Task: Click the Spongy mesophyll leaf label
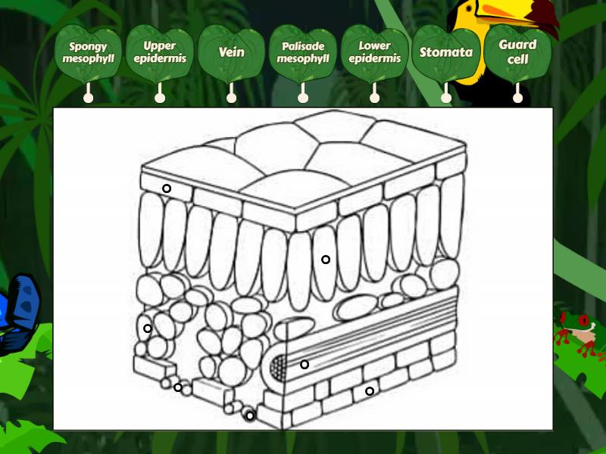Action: coord(88,53)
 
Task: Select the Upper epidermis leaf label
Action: coord(160,53)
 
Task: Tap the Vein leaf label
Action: coord(231,53)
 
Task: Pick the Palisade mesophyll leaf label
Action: coord(303,53)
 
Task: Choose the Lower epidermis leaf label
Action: coord(374,53)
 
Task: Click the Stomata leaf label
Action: coord(446,53)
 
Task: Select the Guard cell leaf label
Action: coord(517,53)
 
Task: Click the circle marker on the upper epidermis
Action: coord(167,188)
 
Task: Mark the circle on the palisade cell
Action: coord(326,260)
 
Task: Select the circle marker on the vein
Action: coord(305,364)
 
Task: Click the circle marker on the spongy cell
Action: coord(148,328)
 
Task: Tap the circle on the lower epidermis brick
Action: coord(370,391)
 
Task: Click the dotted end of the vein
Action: coord(278,366)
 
